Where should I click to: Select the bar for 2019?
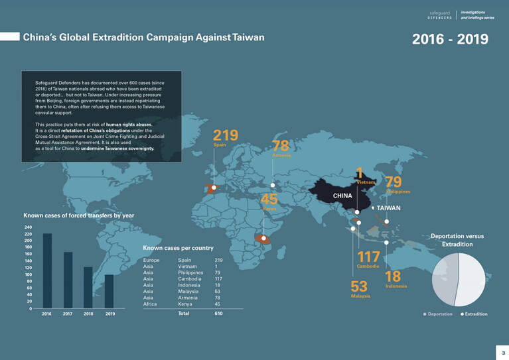109,291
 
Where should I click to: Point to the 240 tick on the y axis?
28,227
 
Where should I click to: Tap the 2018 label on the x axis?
88,314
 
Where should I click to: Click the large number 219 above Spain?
225,135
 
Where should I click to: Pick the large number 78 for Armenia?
281,146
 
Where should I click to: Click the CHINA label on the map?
342,196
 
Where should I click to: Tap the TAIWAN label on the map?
389,208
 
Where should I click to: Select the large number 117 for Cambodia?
368,257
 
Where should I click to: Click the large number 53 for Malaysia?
359,286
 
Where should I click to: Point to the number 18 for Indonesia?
393,276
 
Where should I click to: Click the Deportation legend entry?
438,314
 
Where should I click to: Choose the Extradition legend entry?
474,314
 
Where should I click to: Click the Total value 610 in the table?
218,313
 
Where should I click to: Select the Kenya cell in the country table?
186,304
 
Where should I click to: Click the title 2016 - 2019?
450,39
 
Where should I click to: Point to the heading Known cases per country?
179,248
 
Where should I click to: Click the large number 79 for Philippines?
394,182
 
